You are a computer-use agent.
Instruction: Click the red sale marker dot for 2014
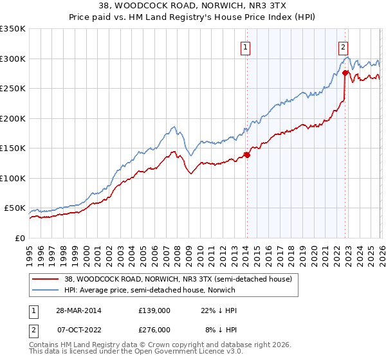pyautogui.click(x=247, y=155)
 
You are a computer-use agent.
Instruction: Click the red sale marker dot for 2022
pyautogui.click(x=345, y=73)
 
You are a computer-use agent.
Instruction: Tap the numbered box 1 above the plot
pyautogui.click(x=246, y=46)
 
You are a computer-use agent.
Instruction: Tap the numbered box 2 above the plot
pyautogui.click(x=344, y=46)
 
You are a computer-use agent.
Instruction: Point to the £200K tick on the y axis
pyautogui.click(x=13, y=118)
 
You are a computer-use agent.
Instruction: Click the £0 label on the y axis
pyautogui.click(x=20, y=239)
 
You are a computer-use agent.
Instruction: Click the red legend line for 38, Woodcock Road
pyautogui.click(x=46, y=279)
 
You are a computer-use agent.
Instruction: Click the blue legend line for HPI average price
pyautogui.click(x=46, y=290)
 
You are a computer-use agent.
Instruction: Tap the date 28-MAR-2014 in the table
pyautogui.click(x=77, y=310)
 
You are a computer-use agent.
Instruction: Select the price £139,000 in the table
pyautogui.click(x=154, y=310)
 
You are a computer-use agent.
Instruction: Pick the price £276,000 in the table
pyautogui.click(x=154, y=329)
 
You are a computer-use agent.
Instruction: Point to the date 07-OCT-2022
pyautogui.click(x=77, y=329)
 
